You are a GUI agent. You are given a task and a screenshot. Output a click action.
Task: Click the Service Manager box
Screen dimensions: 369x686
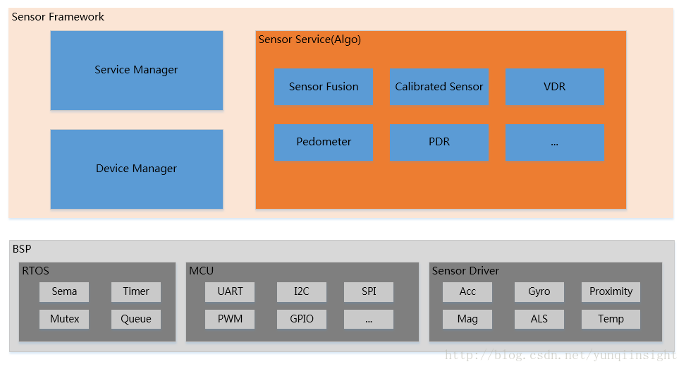pos(136,70)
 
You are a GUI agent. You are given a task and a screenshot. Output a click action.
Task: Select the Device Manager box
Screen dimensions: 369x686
pos(136,169)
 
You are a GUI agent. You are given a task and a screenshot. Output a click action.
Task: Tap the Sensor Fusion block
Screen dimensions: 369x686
pos(324,87)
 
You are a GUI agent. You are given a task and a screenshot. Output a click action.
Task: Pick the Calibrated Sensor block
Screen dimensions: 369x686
pos(439,87)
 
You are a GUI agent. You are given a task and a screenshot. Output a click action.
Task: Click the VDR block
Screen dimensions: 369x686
pos(555,87)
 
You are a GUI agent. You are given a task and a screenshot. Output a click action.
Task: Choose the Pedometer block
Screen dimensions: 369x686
pos(324,142)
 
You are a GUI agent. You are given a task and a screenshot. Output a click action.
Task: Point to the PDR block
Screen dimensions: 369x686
pos(439,142)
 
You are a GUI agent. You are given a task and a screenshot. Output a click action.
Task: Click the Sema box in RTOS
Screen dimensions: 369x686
pos(64,291)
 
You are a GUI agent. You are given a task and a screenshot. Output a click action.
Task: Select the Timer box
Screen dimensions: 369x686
pos(136,291)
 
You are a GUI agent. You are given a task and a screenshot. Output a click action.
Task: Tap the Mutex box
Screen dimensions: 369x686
pos(64,319)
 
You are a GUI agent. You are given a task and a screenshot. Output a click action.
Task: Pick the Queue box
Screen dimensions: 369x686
pos(136,319)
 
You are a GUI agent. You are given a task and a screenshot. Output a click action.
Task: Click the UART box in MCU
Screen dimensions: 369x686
pos(230,291)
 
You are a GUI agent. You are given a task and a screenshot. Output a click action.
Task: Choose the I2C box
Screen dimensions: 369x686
pos(302,291)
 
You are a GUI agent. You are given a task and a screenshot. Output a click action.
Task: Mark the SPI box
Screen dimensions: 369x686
pos(369,291)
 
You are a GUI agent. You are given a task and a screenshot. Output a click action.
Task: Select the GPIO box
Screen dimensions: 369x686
pos(302,319)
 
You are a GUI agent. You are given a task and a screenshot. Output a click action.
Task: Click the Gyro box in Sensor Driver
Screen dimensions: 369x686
pos(539,291)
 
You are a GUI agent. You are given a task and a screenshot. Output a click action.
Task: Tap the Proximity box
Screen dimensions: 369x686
pos(611,291)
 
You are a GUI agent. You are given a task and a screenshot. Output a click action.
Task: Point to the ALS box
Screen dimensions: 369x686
pos(539,319)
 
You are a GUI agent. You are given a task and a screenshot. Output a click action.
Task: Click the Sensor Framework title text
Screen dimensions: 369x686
pos(58,17)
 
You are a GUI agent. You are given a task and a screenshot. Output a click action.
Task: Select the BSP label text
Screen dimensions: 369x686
pos(22,248)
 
